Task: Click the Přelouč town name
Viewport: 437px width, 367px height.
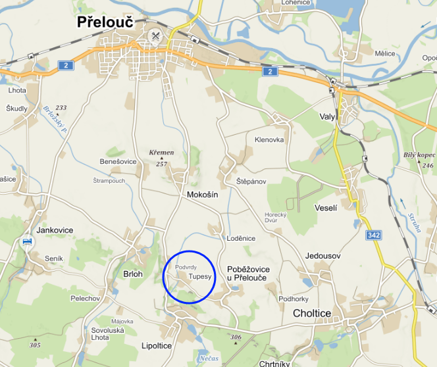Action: pos(105,22)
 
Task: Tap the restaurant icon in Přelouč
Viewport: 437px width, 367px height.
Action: pos(156,36)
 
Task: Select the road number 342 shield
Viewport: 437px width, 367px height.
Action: pos(374,235)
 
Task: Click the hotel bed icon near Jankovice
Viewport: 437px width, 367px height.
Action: pos(27,242)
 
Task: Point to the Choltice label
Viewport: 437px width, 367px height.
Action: pos(312,314)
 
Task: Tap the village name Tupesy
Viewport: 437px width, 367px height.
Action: pos(200,277)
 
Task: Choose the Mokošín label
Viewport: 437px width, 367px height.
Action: pos(202,195)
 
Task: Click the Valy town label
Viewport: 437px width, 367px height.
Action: pos(327,116)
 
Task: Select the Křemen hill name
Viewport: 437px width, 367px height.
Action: pos(161,153)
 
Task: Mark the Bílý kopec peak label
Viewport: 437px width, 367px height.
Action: pos(419,155)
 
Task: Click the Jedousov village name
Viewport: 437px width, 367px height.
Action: pos(322,255)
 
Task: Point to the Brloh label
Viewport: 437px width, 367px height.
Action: pos(133,274)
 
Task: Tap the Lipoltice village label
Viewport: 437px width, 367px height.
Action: pos(157,345)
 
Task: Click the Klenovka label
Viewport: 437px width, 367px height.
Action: pos(269,140)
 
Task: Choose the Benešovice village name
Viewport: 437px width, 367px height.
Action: pos(118,161)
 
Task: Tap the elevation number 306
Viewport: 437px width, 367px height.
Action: pos(236,337)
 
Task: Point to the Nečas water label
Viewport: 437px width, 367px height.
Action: pos(208,358)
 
